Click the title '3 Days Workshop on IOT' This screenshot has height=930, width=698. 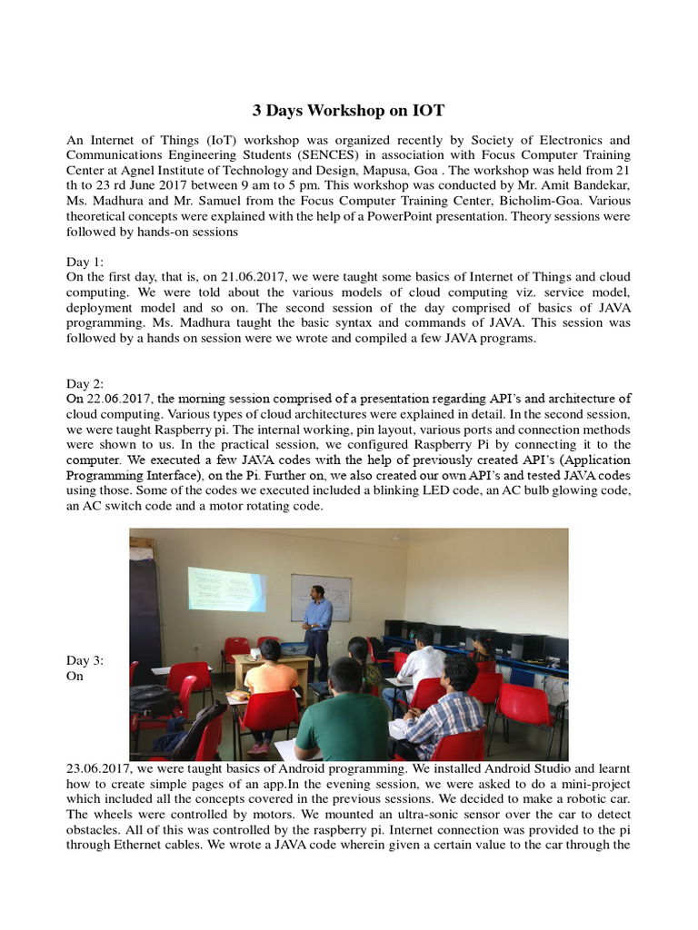[x=349, y=111]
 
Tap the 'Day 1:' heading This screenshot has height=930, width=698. [x=85, y=262]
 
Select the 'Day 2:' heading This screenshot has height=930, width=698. [x=85, y=384]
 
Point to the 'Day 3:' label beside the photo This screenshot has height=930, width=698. [x=85, y=660]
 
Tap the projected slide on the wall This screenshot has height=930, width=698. [x=226, y=589]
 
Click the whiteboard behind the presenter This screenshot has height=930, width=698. [x=320, y=598]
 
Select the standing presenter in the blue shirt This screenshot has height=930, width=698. [x=317, y=627]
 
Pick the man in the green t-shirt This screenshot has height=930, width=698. [x=343, y=717]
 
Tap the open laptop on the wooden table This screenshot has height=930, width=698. [x=293, y=648]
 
